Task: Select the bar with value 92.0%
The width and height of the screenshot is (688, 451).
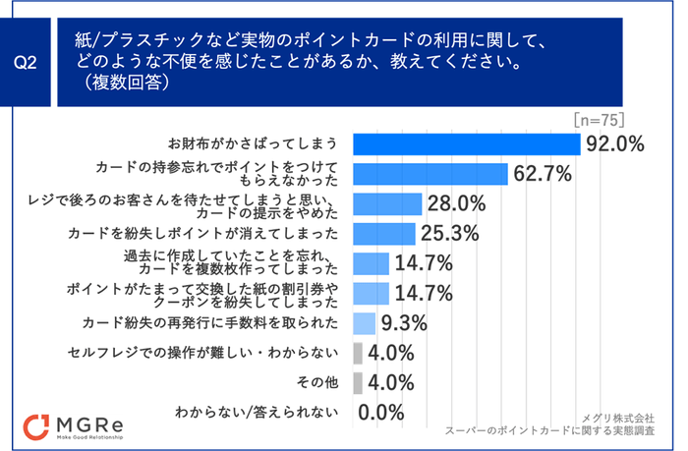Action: tap(466, 143)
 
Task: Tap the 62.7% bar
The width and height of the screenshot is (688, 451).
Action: tap(430, 174)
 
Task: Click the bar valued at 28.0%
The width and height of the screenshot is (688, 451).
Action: tap(387, 203)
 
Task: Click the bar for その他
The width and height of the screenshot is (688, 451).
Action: tap(358, 382)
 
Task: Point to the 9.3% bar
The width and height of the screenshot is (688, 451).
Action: tap(364, 322)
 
